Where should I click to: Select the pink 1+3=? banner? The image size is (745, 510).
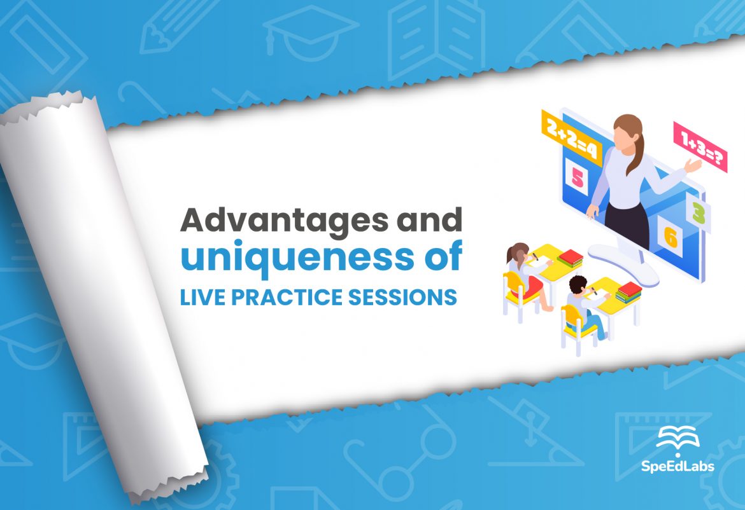[x=700, y=148]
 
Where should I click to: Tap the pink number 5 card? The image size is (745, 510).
[x=577, y=177]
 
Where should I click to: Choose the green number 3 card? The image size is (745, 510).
[x=699, y=212]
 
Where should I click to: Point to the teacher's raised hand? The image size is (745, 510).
[x=692, y=166]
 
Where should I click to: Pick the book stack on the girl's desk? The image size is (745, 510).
[x=570, y=258]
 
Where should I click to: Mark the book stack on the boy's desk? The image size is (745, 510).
[x=628, y=292]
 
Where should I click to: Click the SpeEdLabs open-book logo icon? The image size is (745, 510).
[x=678, y=439]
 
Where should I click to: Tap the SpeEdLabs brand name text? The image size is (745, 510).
[x=678, y=467]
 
